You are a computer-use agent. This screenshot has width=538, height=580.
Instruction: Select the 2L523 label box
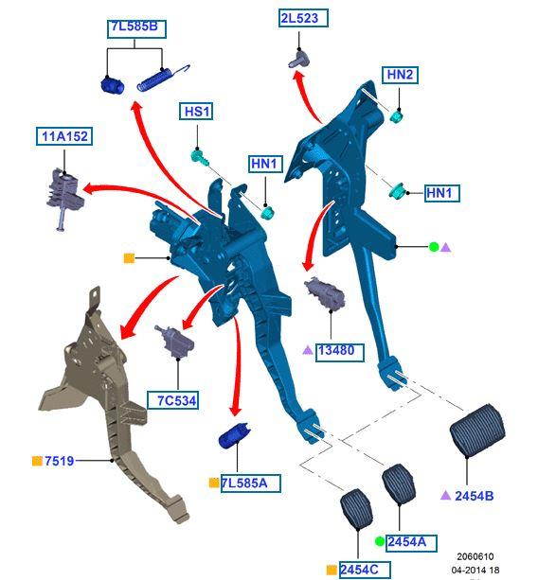[303, 18]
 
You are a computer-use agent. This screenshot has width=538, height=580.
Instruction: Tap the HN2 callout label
[400, 75]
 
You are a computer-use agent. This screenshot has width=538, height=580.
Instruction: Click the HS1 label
[196, 111]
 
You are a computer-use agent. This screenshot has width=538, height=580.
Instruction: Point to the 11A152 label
[64, 136]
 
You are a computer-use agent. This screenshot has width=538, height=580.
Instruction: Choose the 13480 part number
[339, 351]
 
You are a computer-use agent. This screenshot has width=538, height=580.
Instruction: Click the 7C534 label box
[173, 400]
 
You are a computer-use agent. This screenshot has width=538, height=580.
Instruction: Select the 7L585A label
[251, 483]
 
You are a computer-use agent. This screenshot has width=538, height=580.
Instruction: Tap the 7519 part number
[60, 462]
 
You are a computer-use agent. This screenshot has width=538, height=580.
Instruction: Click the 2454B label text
[474, 496]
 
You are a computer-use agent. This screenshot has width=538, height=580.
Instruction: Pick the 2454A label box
[411, 543]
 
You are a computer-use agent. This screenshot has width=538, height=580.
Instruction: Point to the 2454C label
[365, 570]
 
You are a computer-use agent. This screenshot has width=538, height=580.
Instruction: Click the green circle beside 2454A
[380, 541]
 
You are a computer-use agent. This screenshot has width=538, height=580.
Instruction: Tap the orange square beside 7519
[37, 462]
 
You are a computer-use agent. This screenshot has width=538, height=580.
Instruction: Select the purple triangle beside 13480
[308, 350]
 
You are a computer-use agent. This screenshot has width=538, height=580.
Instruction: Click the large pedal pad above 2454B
[477, 431]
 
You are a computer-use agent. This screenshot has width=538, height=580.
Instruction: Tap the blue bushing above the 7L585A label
[235, 435]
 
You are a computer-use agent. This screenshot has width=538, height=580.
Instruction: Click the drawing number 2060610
[475, 556]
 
